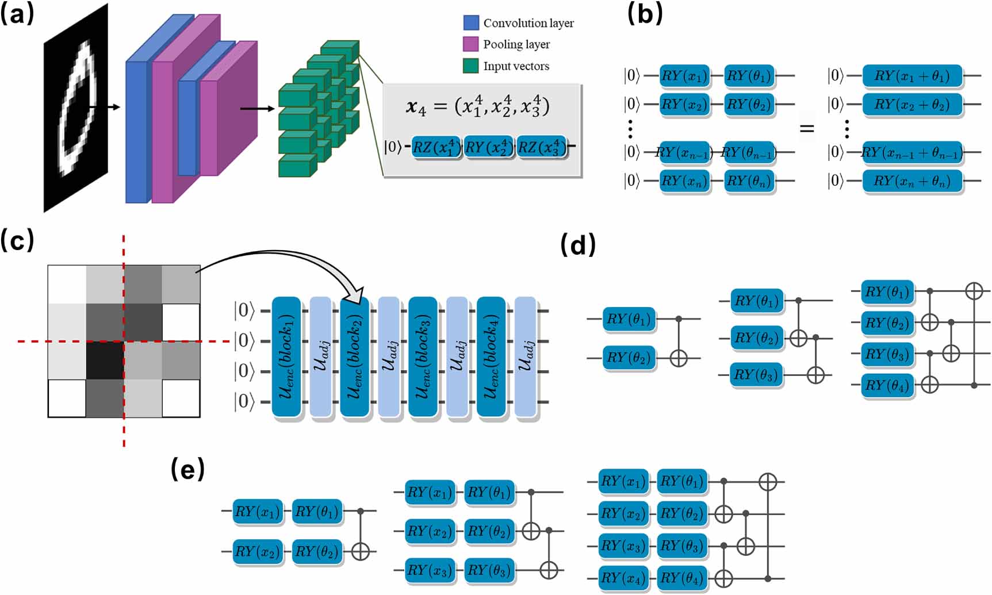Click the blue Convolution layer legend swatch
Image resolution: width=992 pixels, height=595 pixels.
click(x=471, y=23)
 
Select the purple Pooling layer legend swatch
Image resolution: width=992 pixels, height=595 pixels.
click(x=471, y=44)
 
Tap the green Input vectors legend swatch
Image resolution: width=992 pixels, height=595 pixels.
click(x=471, y=66)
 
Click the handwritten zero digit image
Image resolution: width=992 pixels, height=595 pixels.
click(x=76, y=108)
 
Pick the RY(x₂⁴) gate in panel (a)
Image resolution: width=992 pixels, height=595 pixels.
click(x=489, y=148)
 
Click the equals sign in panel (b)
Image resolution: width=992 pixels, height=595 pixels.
click(x=807, y=129)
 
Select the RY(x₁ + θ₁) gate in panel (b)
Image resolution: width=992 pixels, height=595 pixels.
click(x=912, y=76)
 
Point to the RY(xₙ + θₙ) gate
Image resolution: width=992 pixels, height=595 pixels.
click(x=912, y=181)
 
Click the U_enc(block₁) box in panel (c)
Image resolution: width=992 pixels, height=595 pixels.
click(x=286, y=356)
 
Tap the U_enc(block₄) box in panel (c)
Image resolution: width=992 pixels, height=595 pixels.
click(x=491, y=356)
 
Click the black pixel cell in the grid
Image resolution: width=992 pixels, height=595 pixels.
click(x=105, y=360)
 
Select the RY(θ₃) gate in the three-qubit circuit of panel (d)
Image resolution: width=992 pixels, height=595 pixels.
click(x=757, y=375)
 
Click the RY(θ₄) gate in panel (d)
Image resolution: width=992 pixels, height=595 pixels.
click(x=887, y=385)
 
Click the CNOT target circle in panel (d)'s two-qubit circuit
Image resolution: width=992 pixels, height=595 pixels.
click(x=679, y=358)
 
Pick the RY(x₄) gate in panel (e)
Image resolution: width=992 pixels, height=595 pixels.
click(x=623, y=578)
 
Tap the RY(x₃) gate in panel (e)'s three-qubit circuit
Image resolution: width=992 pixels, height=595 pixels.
click(x=430, y=570)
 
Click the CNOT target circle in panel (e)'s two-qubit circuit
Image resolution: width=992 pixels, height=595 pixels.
click(x=361, y=551)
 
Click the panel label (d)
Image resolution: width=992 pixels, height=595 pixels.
click(x=578, y=245)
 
